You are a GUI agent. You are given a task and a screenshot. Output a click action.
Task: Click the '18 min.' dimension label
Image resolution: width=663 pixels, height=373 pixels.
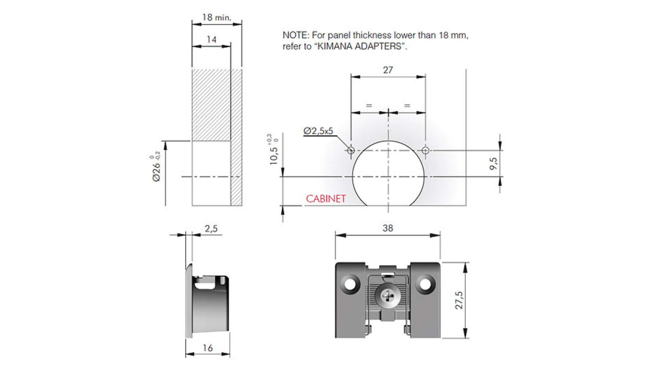tap(217, 17)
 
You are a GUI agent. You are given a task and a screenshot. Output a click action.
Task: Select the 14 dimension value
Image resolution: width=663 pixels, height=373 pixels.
tap(211, 39)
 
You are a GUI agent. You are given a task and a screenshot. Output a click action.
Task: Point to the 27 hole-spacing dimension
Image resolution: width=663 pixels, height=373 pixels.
tap(388, 70)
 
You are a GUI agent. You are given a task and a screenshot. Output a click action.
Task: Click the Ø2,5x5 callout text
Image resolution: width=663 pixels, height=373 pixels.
tap(318, 131)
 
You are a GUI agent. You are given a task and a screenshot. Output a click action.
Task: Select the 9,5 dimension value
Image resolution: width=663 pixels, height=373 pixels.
tap(493, 163)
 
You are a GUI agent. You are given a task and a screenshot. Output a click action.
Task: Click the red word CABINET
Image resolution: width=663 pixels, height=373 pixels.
tap(326, 199)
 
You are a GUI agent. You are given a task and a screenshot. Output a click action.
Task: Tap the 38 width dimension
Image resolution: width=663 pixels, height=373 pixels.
tap(388, 228)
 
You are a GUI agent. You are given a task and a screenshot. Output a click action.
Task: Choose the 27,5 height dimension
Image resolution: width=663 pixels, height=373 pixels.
tap(459, 300)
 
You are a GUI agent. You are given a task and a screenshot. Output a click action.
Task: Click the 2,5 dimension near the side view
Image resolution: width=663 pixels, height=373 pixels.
tap(211, 229)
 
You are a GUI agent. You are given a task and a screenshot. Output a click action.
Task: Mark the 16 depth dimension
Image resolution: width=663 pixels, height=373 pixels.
tap(208, 348)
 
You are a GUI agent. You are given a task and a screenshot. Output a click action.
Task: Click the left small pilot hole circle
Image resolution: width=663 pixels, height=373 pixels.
tap(351, 150)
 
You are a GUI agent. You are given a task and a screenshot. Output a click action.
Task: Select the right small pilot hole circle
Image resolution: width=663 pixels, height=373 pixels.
tap(425, 150)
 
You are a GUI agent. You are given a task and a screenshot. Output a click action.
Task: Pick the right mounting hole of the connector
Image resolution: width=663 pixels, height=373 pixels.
tap(425, 284)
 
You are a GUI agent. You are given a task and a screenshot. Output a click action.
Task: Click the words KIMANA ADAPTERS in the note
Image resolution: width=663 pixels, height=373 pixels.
tap(360, 47)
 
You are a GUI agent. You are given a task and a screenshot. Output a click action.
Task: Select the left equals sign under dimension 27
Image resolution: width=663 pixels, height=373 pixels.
tap(369, 106)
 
